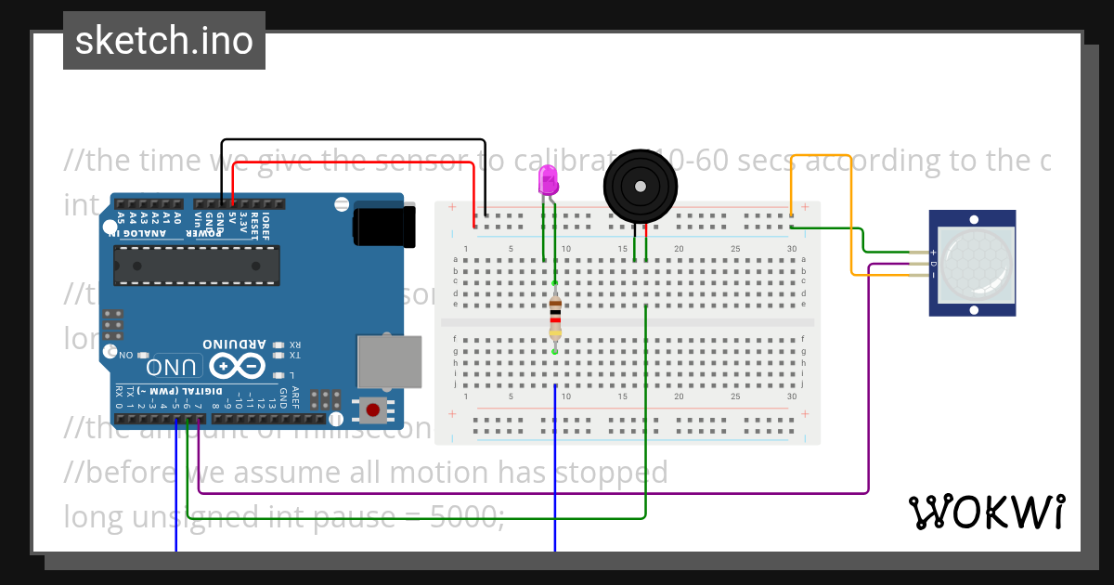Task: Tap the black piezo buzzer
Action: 640,187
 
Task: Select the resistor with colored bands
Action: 555,317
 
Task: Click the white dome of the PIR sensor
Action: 974,263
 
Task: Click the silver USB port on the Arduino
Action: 389,361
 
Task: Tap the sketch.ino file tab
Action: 164,41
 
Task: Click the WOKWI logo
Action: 986,512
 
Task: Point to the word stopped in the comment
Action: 610,473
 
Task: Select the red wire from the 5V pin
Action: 353,162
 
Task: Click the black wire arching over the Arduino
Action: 353,140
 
